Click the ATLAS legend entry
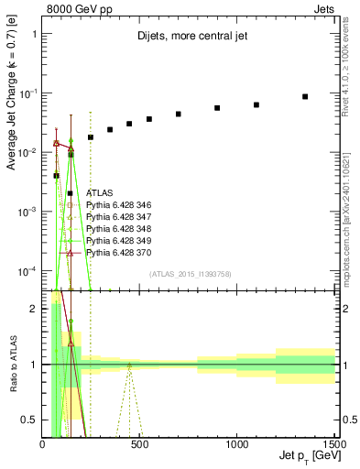click(100, 193)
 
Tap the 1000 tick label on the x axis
click(236, 444)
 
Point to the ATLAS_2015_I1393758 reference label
click(189, 273)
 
